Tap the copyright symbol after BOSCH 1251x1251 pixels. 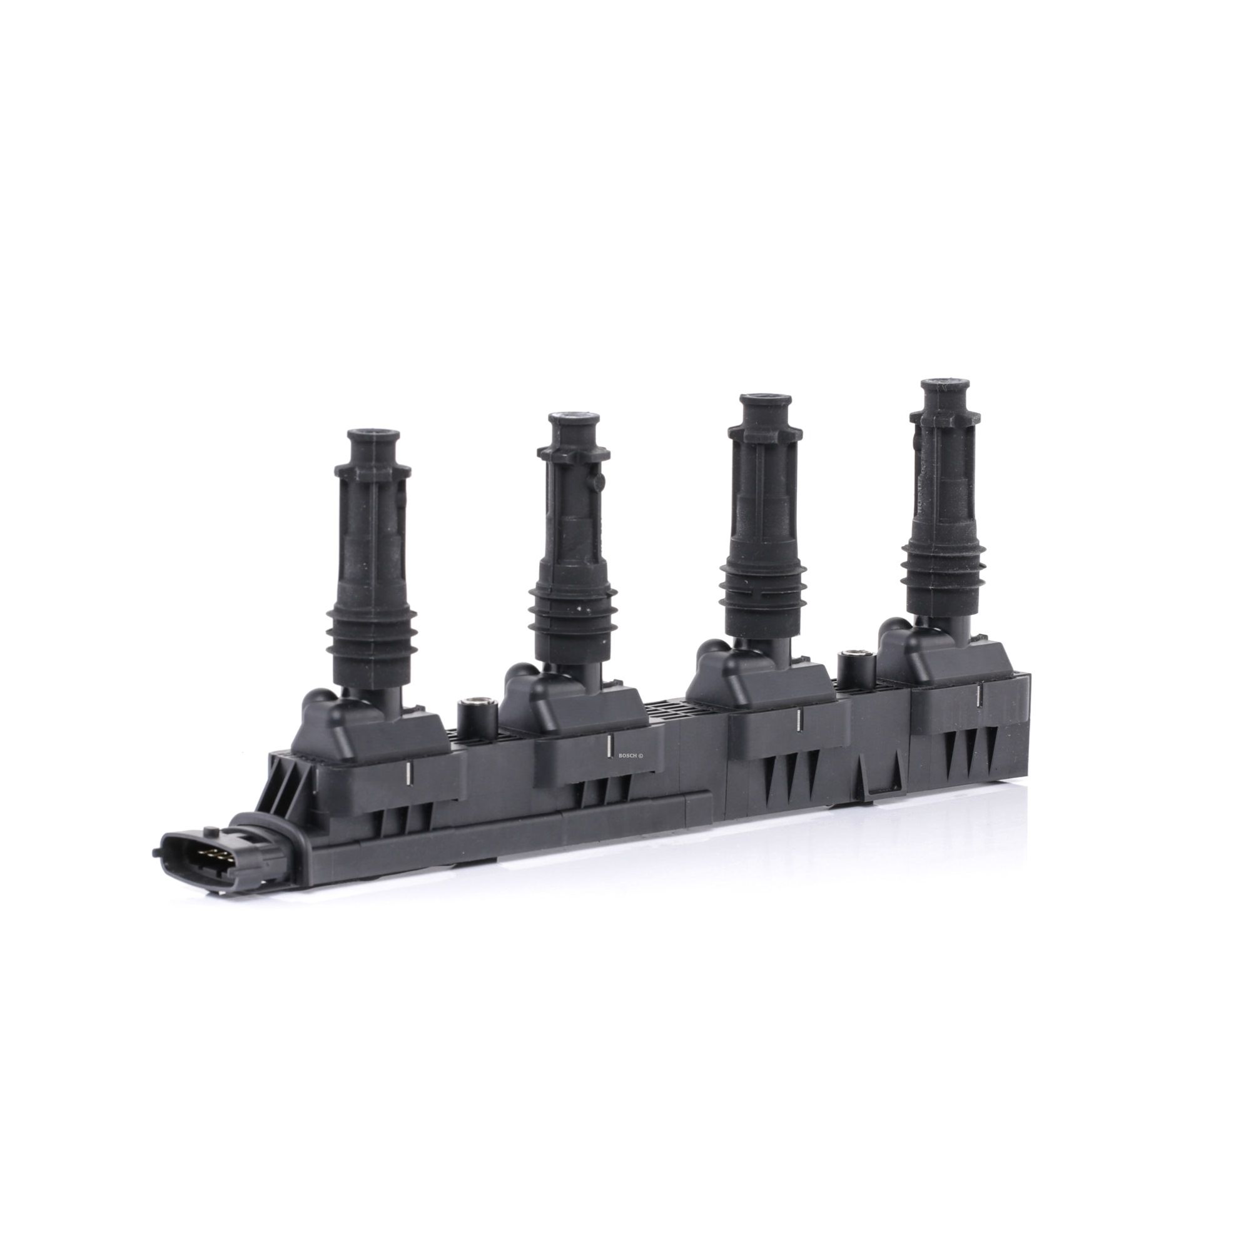tap(641, 756)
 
